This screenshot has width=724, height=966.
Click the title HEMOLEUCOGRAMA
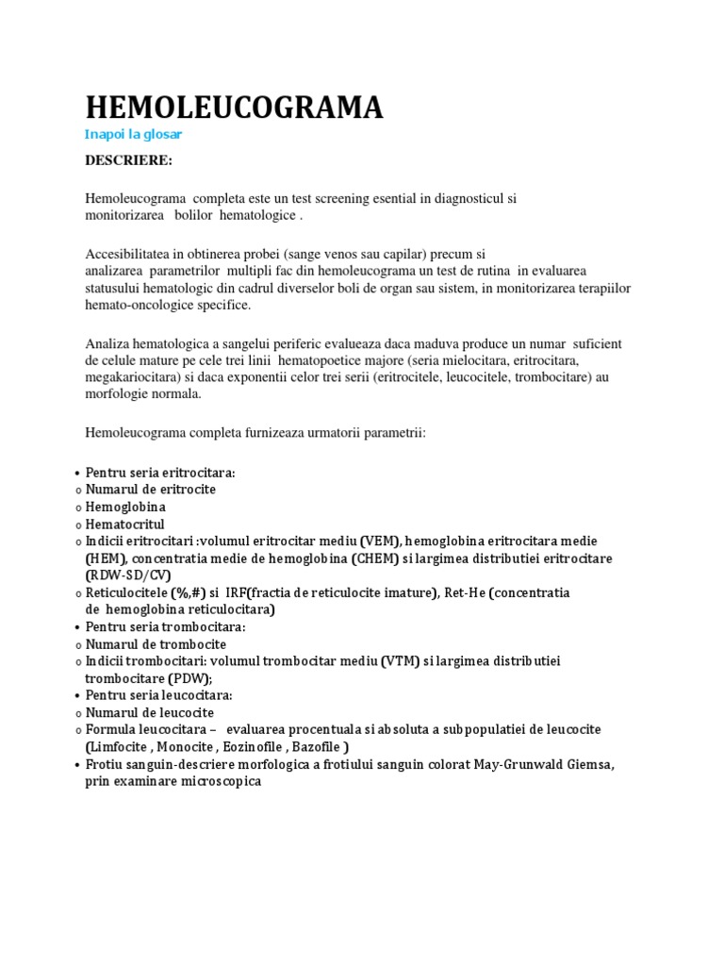point(234,108)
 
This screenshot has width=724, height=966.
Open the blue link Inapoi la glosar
point(133,135)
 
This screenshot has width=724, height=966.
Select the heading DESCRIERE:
point(128,160)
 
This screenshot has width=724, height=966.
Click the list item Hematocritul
point(124,524)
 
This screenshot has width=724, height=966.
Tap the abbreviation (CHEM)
point(376,558)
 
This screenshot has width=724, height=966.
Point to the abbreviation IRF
point(237,592)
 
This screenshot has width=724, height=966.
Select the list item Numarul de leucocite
point(150,712)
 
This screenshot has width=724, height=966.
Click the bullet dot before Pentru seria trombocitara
point(75,627)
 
